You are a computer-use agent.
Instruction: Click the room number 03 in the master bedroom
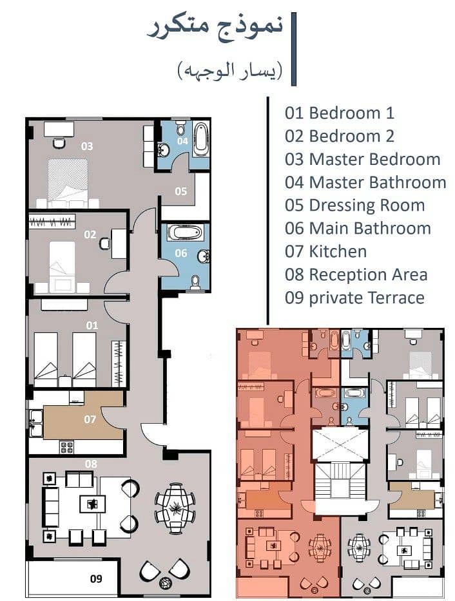(87, 146)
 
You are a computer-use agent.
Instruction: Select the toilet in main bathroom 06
(195, 281)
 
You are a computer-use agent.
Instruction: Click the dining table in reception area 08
(175, 508)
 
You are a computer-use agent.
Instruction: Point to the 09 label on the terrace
(96, 578)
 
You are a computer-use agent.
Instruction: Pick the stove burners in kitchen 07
(66, 447)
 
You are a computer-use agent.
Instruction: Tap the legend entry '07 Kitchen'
(325, 251)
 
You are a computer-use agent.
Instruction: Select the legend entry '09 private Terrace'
(354, 298)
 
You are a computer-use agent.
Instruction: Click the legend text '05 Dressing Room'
(354, 205)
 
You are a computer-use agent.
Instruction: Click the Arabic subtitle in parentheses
(230, 71)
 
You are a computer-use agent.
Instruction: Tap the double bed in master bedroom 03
(68, 183)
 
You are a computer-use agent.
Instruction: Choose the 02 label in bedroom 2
(90, 234)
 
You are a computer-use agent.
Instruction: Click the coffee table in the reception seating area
(92, 504)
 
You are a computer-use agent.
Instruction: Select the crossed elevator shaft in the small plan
(340, 444)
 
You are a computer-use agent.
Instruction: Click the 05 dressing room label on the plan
(181, 191)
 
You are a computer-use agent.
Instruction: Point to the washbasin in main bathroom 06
(204, 256)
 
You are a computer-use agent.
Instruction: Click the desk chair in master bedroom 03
(59, 144)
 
